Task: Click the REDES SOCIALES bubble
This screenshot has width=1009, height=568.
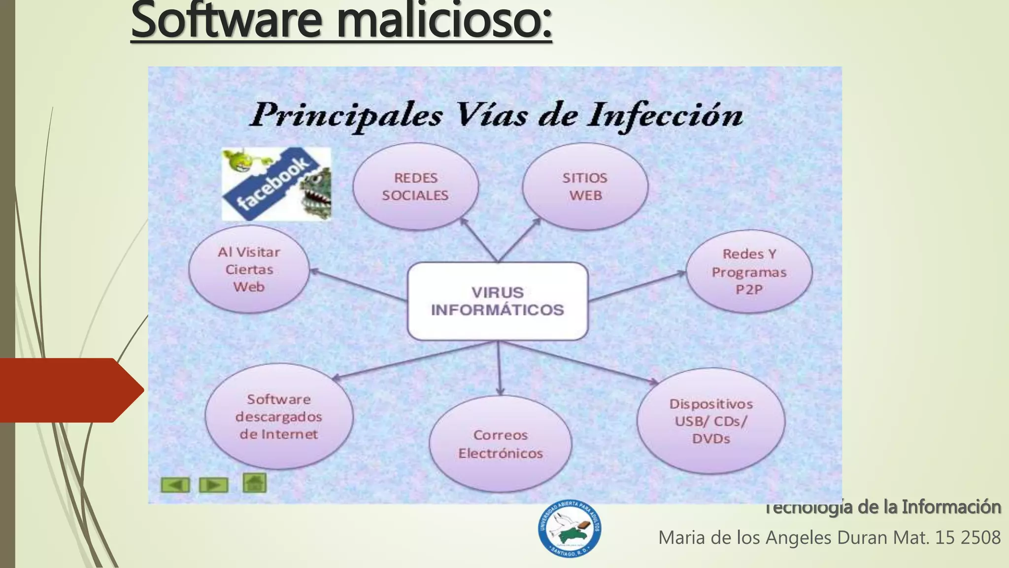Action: click(x=415, y=186)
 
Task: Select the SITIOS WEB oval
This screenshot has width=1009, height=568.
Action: click(x=585, y=186)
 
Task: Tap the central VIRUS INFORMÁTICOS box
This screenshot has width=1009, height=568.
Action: click(x=498, y=301)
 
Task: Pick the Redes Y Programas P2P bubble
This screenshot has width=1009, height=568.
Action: click(x=749, y=271)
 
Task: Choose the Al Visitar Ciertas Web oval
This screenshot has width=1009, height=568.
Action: click(x=249, y=269)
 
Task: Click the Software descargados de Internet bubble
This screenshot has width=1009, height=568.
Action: click(x=279, y=417)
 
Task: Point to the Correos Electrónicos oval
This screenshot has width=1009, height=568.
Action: click(x=500, y=444)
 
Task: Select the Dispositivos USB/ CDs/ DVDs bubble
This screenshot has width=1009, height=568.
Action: click(x=710, y=421)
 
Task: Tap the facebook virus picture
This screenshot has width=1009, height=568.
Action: click(x=276, y=184)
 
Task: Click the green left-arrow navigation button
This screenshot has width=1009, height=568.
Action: click(x=175, y=485)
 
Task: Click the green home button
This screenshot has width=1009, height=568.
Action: click(x=254, y=483)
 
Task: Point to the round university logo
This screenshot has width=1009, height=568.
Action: click(x=569, y=529)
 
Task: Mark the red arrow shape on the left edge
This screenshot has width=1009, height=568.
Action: click(x=69, y=390)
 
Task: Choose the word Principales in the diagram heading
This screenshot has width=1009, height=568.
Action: click(x=347, y=116)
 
